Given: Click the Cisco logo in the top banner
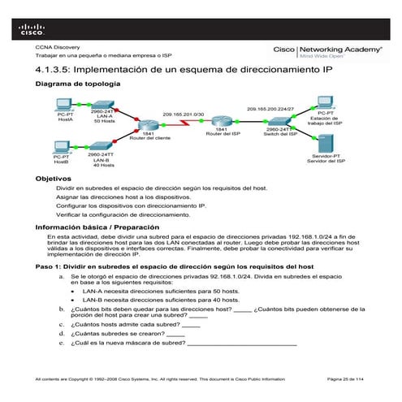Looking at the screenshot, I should coord(32,30).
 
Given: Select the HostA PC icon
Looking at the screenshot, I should coord(64,106).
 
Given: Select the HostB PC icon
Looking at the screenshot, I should coord(61,148).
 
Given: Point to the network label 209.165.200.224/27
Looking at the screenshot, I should coord(267,107).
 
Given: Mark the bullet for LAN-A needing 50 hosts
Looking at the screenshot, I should coord(76,290).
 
